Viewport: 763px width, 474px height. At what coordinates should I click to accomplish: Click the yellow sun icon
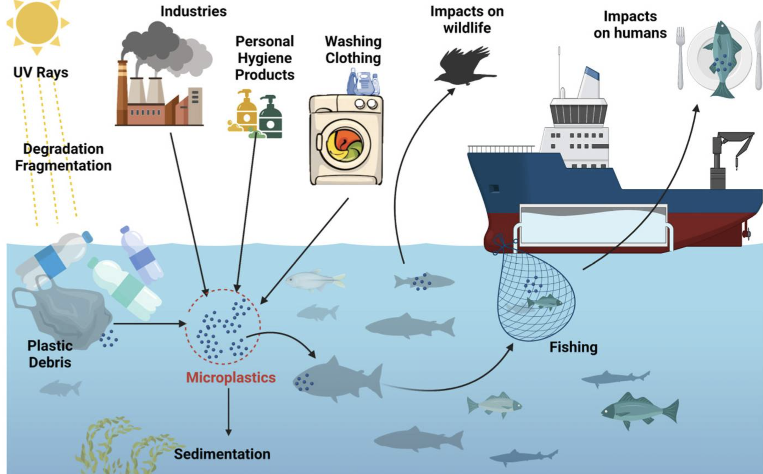(x=37, y=23)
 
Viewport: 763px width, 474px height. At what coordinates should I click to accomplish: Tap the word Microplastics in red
(x=231, y=377)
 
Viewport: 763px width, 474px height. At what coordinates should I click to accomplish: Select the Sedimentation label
(x=222, y=454)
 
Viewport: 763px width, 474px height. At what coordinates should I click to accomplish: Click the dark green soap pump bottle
(x=270, y=118)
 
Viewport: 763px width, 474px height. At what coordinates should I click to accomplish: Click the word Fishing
(x=573, y=347)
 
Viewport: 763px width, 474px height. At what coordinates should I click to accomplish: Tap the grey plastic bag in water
(x=63, y=314)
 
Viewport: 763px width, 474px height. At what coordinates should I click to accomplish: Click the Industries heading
(x=193, y=12)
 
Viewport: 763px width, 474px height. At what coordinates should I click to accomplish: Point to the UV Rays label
(x=41, y=73)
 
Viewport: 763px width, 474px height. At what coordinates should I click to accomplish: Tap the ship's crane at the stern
(x=727, y=157)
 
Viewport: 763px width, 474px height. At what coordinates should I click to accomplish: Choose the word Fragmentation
(x=63, y=166)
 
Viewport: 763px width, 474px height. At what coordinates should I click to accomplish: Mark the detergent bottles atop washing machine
(x=364, y=82)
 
